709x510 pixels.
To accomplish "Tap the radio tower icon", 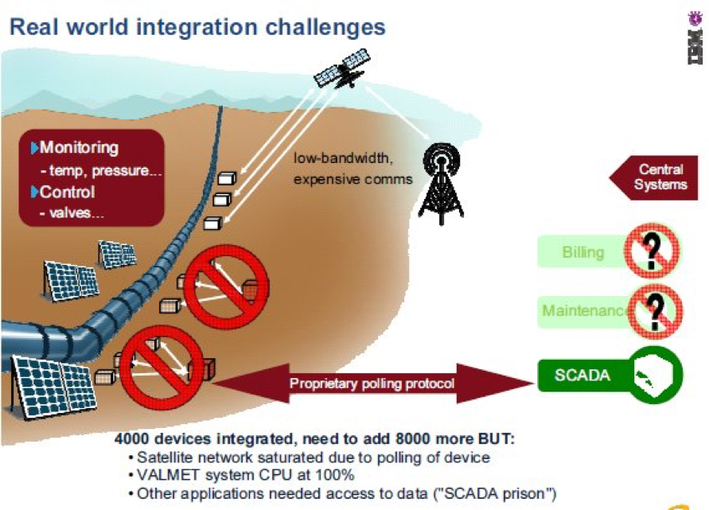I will pos(441,184).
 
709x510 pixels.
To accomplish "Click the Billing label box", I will pos(583,252).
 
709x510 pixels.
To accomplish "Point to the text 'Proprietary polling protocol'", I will pos(372,384).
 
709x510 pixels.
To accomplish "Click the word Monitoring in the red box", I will pos(79,148).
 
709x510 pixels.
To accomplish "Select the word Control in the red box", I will pos(68,193).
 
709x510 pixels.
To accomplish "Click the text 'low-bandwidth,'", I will pos(343,160).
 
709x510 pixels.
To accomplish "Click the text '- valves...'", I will pos(72,213).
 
